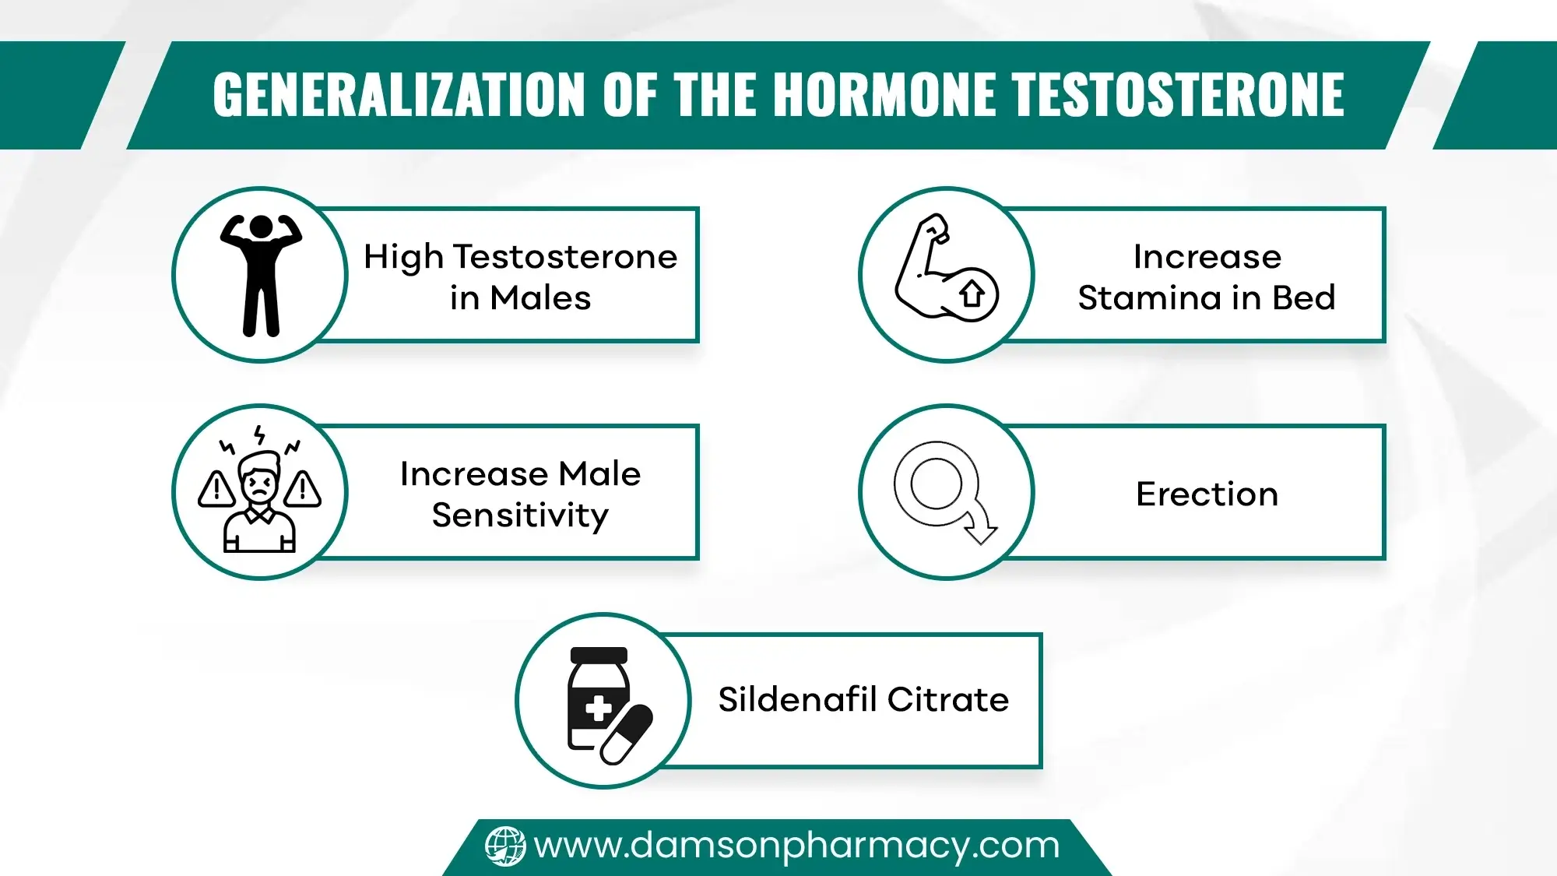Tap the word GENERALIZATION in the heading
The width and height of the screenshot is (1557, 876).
399,95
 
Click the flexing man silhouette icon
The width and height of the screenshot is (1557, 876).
261,275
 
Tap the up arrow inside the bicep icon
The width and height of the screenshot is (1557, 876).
972,294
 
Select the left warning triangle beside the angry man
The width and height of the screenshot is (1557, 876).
216,489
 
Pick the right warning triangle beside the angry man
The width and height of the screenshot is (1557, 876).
303,489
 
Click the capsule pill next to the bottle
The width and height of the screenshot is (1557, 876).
627,734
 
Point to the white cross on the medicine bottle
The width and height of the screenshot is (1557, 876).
598,709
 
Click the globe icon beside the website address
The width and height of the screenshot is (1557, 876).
505,846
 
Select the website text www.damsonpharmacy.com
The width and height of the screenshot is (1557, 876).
796,846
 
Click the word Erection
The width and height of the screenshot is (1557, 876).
1207,494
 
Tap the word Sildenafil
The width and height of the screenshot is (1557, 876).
798,699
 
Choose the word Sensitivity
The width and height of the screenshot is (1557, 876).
520,515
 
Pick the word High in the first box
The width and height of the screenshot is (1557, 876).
403,258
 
